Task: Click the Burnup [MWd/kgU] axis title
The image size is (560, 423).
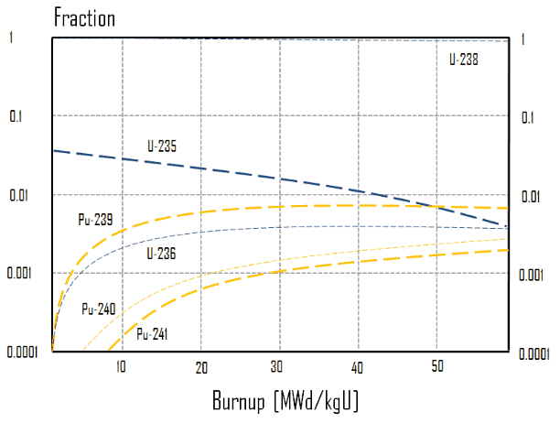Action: pos(285,401)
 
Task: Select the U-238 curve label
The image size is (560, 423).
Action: pos(464,59)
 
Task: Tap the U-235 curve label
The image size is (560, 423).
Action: pos(162,146)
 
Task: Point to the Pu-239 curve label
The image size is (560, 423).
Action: pos(96,219)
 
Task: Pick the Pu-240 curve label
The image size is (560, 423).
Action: pos(98,309)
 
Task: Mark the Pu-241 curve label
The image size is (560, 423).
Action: pos(152,334)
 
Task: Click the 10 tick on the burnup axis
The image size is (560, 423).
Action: pos(121,366)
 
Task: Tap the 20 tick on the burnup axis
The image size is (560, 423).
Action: pos(200,366)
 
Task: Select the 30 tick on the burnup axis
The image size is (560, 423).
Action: pos(278,366)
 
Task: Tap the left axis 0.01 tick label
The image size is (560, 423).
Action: pos(20,195)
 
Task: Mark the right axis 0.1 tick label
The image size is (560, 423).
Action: pos(528,118)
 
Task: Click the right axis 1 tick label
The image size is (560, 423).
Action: pos(522,40)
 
